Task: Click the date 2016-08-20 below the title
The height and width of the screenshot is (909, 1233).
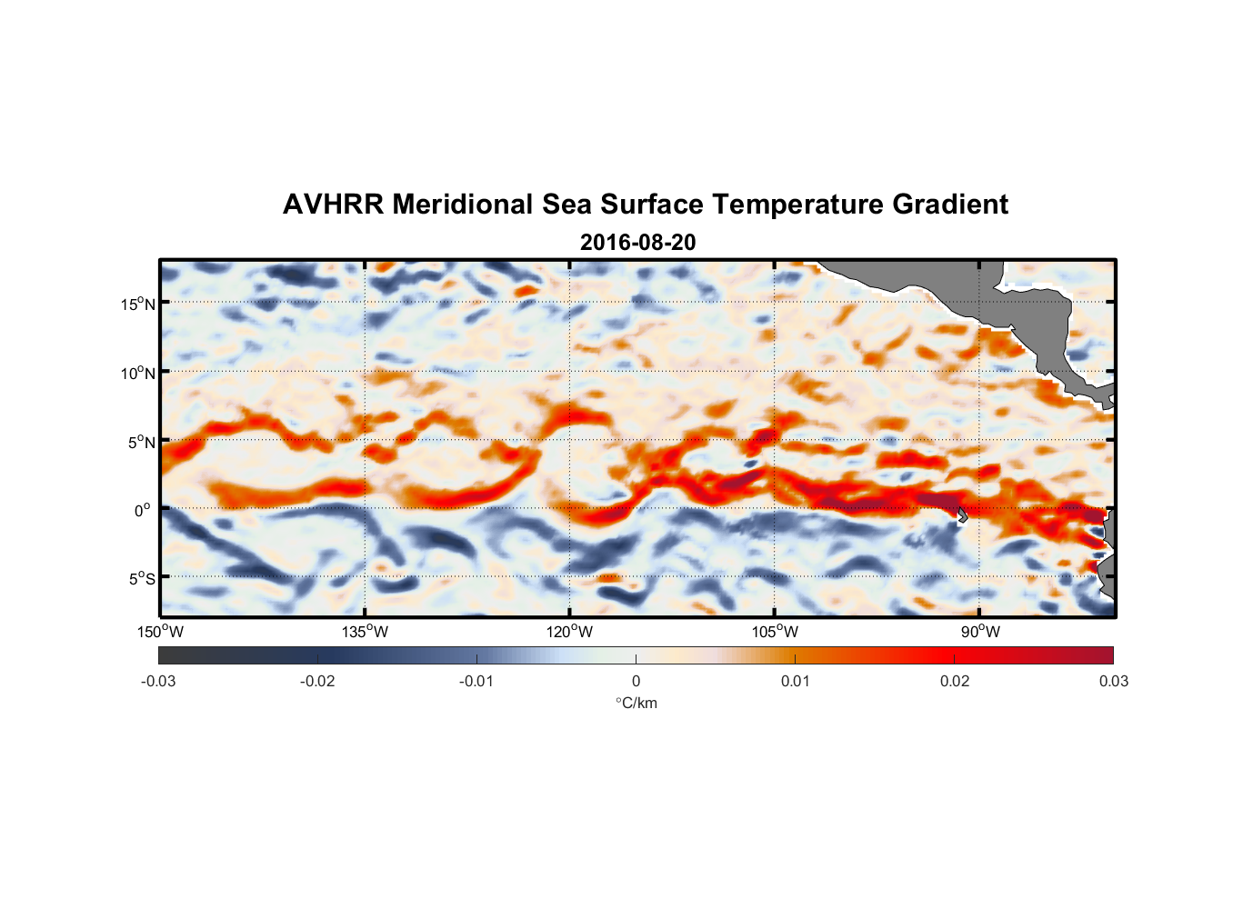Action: click(637, 242)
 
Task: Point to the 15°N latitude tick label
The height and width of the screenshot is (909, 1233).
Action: click(138, 304)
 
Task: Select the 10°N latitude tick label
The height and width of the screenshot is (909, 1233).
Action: click(138, 373)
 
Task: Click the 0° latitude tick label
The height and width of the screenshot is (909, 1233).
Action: click(143, 510)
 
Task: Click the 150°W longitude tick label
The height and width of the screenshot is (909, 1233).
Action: click(161, 632)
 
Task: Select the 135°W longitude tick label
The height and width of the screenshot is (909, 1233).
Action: click(366, 632)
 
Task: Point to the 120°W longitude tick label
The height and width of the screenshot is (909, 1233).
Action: click(570, 632)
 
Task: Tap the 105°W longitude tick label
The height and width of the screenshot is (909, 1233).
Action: click(775, 632)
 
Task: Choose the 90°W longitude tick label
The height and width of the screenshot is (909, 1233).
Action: click(980, 632)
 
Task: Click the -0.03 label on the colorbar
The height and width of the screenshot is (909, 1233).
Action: click(158, 681)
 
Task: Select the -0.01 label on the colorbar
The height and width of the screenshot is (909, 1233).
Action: click(476, 681)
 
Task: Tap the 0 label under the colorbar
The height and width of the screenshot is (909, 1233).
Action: click(636, 681)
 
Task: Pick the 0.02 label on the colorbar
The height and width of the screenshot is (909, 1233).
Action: click(955, 681)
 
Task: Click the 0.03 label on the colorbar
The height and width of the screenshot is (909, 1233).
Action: click(1113, 681)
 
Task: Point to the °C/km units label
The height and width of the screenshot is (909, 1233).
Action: click(636, 703)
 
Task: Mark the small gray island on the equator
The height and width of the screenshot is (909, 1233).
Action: click(962, 514)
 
